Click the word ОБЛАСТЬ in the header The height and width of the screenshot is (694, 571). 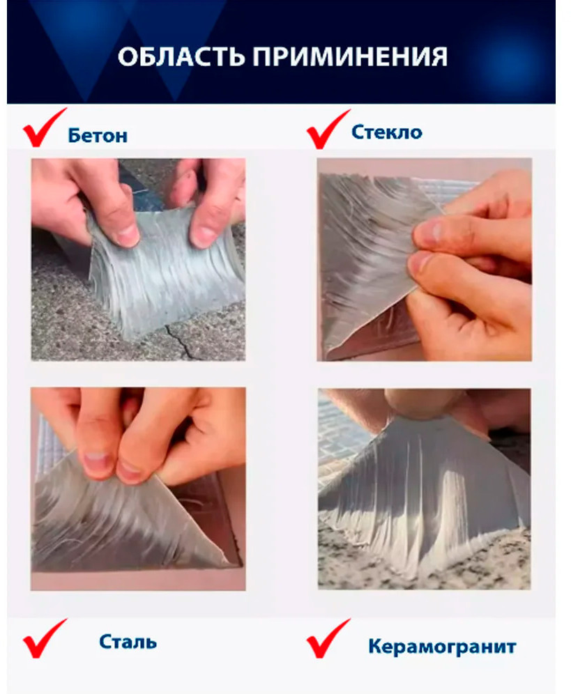click(x=181, y=56)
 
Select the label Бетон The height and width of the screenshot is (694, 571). click(x=98, y=135)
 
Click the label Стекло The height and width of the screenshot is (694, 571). click(x=387, y=132)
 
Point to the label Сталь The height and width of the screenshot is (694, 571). click(x=128, y=642)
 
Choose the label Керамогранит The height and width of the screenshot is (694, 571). click(x=442, y=647)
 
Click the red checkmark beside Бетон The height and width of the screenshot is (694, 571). click(x=45, y=128)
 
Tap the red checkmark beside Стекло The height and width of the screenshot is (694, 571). click(x=328, y=129)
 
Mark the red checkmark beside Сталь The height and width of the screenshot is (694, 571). click(x=45, y=638)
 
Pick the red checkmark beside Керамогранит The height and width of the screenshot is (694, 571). click(x=328, y=638)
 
